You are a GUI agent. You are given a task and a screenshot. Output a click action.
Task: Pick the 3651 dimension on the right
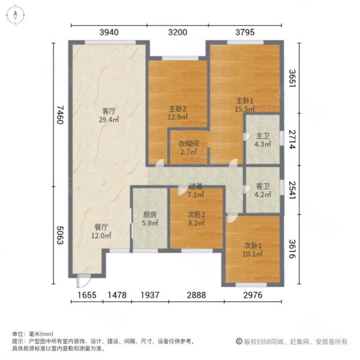[292, 78]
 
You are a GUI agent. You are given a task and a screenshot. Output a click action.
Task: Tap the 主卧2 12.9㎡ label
[178, 113]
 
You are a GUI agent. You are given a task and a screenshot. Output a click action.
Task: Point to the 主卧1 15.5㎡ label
[245, 105]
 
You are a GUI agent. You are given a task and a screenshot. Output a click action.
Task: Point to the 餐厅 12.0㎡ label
[101, 231]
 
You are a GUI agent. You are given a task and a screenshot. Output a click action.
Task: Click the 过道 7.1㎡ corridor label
[196, 190]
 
